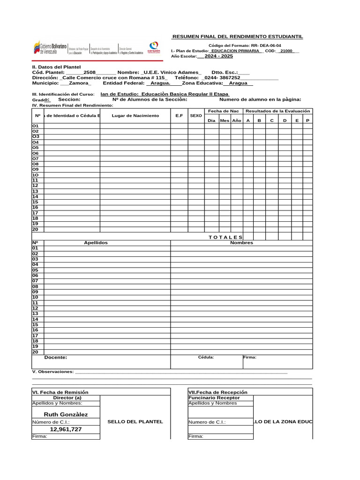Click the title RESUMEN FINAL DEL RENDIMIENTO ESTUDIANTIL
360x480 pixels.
pyautogui.click(x=238, y=37)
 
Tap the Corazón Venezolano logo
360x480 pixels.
pyautogui.click(x=154, y=47)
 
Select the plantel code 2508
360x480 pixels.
pyautogui.click(x=90, y=73)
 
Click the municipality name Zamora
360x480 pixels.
pyautogui.click(x=79, y=83)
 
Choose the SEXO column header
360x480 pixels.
pyautogui.click(x=196, y=115)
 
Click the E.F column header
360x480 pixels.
pyautogui.click(x=179, y=115)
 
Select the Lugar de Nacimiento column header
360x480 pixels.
pyautogui.click(x=135, y=116)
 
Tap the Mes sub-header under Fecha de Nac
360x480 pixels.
pyautogui.click(x=225, y=120)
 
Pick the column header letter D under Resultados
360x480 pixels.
pyautogui.click(x=285, y=120)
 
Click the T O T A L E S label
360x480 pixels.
pyautogui.click(x=225, y=237)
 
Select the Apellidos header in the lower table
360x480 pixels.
pyautogui.click(x=96, y=243)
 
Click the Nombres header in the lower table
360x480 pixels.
pyautogui.click(x=241, y=243)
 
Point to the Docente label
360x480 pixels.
pyautogui.click(x=56, y=357)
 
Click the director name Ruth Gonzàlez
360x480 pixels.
pyautogui.click(x=66, y=414)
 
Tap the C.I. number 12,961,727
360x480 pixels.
pyautogui.click(x=66, y=429)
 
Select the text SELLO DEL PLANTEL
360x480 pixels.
pyautogui.click(x=135, y=422)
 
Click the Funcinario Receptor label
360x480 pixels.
pyautogui.click(x=214, y=397)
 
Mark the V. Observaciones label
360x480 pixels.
pyautogui.click(x=52, y=372)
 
